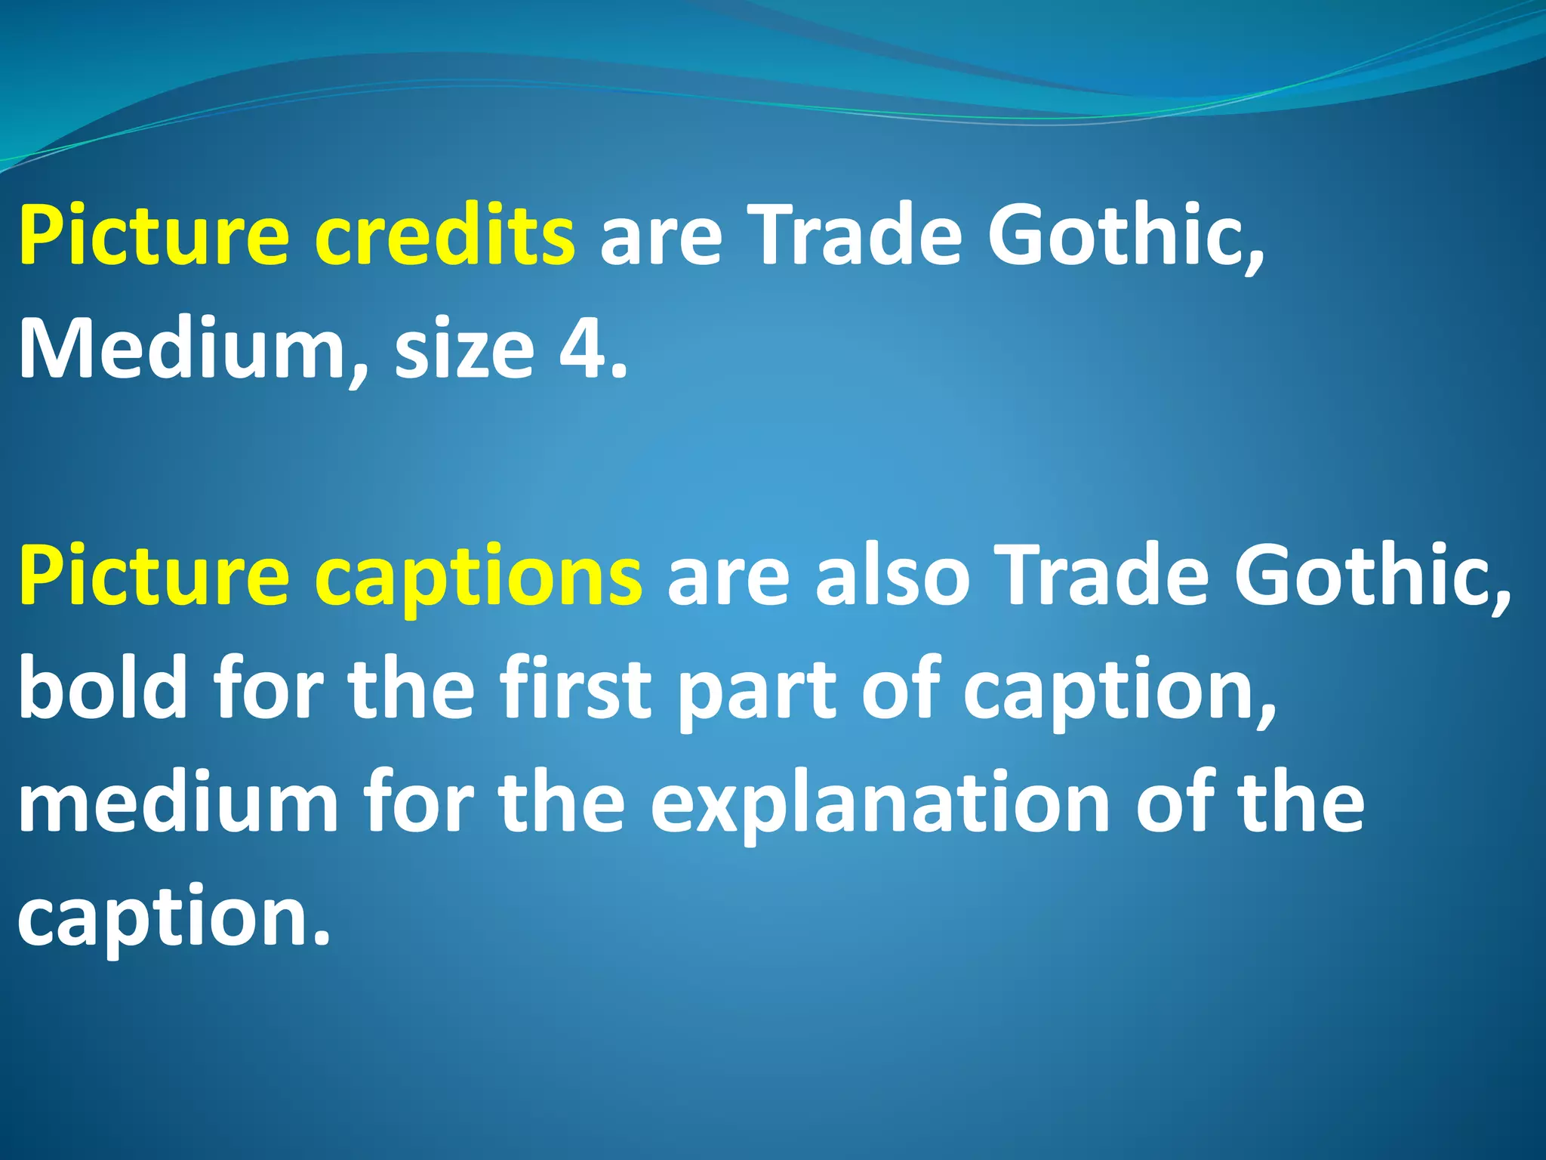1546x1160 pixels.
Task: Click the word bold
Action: pyautogui.click(x=103, y=689)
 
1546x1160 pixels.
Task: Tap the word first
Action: pyautogui.click(x=576, y=689)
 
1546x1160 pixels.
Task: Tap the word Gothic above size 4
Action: pyautogui.click(x=1126, y=235)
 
